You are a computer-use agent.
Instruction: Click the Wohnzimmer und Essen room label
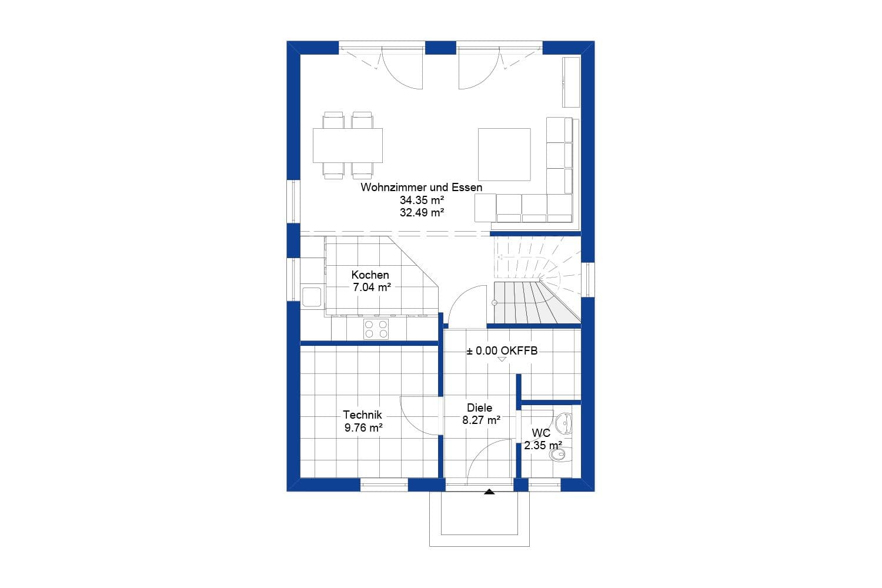pos(421,188)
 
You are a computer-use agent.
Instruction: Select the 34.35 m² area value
pos(421,201)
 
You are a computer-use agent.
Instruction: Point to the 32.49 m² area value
pos(421,213)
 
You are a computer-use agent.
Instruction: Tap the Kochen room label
pos(370,275)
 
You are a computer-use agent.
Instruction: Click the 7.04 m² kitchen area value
pos(372,288)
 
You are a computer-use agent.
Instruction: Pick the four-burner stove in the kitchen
pos(376,329)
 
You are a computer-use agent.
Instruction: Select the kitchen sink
pos(311,296)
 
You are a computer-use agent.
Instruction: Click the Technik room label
pos(362,415)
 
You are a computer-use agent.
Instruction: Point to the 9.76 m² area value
pos(363,427)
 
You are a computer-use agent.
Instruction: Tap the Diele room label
pos(479,407)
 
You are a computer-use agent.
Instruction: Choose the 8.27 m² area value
pos(481,420)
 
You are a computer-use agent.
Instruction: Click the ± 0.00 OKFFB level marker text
pos(502,351)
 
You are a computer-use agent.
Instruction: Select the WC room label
pos(540,433)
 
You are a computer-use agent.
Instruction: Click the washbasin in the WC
pos(564,421)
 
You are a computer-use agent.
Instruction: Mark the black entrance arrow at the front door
pos(489,492)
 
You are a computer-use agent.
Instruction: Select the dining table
pos(348,145)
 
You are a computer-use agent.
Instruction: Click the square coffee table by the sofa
pos(504,154)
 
